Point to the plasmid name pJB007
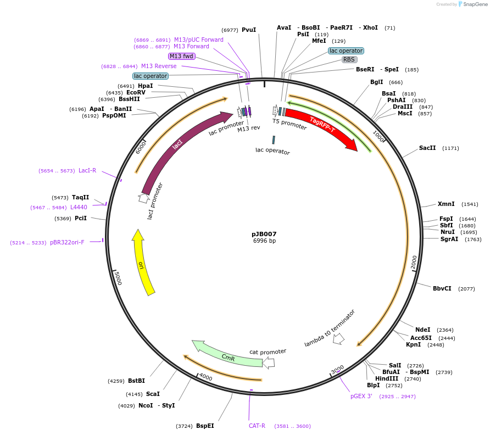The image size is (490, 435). (264, 234)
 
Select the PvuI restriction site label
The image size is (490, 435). (249, 30)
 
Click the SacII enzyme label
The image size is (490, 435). (427, 148)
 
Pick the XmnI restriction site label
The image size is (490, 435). (446, 204)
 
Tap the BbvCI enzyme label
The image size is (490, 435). (442, 288)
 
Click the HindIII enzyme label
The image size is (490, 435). (387, 378)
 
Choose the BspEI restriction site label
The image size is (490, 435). (205, 426)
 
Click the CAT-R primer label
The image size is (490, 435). (257, 426)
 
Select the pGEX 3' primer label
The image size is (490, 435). (361, 396)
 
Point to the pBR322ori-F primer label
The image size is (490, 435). (67, 242)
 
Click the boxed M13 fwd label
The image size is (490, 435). (181, 56)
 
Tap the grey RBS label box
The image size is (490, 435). (349, 59)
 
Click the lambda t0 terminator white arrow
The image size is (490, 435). (339, 339)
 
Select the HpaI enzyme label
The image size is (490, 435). (146, 86)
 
